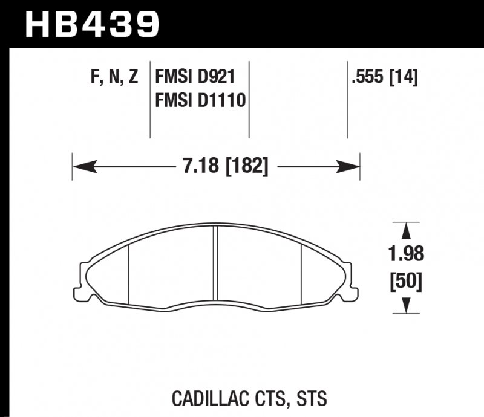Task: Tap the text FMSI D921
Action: click(195, 77)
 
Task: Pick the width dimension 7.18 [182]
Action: click(224, 164)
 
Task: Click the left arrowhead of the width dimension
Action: click(82, 164)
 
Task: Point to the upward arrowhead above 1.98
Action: click(407, 230)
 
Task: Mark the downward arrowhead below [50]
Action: click(407, 306)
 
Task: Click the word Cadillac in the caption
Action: click(204, 399)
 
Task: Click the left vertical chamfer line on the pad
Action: click(130, 275)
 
